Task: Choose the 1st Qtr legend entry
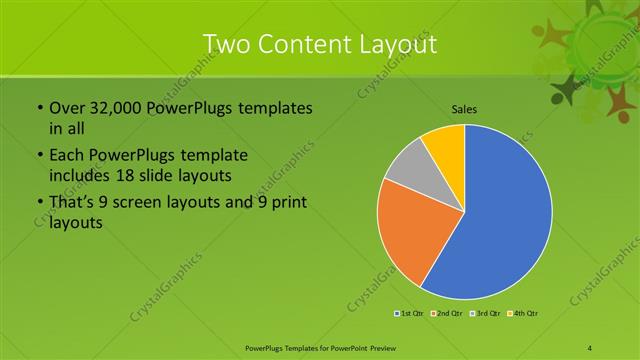click(409, 314)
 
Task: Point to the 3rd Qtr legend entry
click(486, 314)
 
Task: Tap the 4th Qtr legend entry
click(524, 314)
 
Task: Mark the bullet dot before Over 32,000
click(38, 107)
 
